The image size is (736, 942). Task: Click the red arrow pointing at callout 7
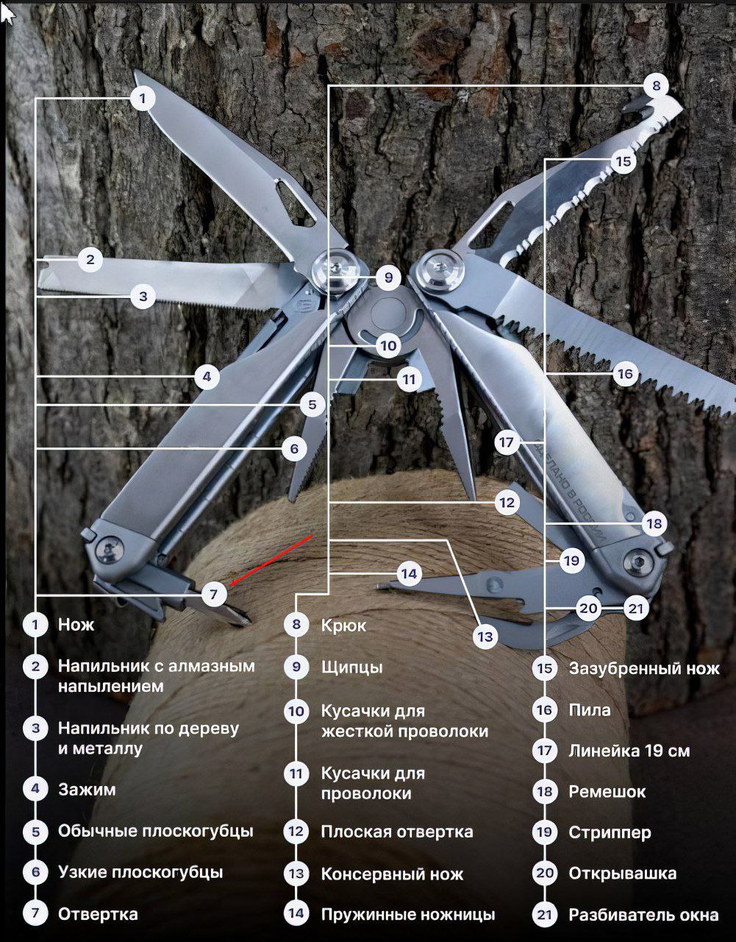click(x=271, y=561)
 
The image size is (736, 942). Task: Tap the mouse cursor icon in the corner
click(x=8, y=15)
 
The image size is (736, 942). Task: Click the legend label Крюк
click(x=343, y=625)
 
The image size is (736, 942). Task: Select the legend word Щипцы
click(x=351, y=667)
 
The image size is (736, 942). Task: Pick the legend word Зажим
click(x=87, y=789)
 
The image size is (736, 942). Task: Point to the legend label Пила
click(x=589, y=710)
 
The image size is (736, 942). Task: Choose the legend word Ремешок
click(x=607, y=792)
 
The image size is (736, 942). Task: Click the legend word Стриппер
click(x=610, y=832)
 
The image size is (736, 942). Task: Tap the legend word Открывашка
click(x=622, y=873)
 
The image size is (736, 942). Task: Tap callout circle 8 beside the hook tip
click(x=657, y=85)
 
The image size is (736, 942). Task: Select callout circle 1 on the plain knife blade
click(x=143, y=99)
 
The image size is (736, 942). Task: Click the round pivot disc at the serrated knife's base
click(x=440, y=271)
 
